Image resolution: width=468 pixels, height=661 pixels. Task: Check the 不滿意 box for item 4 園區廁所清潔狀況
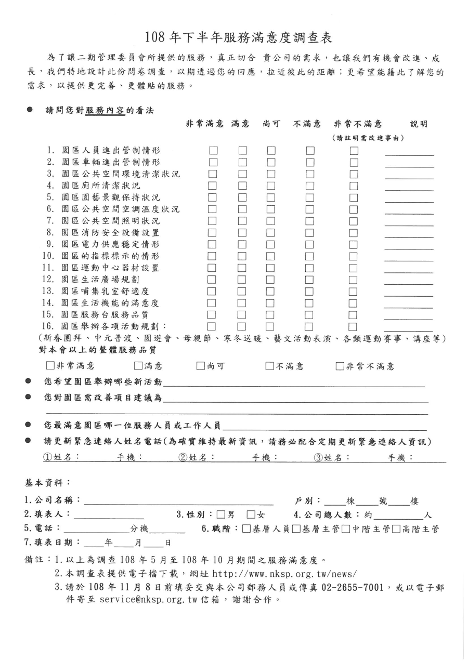click(x=310, y=186)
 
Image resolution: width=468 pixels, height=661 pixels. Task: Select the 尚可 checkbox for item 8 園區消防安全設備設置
click(x=271, y=233)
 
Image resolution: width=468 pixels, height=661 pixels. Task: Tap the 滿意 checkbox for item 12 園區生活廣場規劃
click(x=242, y=280)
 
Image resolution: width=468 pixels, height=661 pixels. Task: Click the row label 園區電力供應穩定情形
click(x=110, y=244)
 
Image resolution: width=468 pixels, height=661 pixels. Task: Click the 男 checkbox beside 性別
click(x=221, y=515)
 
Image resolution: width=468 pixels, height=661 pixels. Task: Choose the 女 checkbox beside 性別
click(x=251, y=515)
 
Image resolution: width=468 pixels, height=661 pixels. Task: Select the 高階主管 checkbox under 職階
click(x=396, y=529)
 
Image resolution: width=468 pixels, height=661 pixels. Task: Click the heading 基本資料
click(x=48, y=483)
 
